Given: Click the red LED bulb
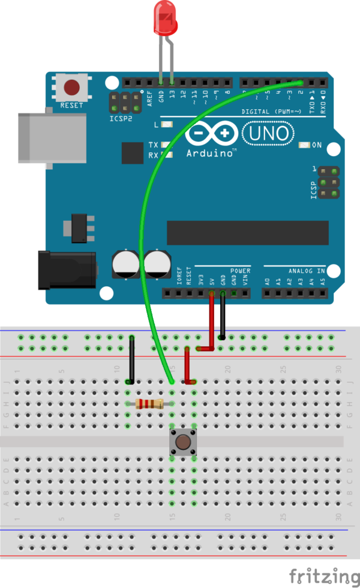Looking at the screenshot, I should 166,17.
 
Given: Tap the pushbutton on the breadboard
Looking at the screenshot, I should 183,443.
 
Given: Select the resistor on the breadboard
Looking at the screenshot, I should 149,404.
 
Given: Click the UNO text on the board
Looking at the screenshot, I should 268,133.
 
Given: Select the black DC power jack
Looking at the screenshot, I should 66,271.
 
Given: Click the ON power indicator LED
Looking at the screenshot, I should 305,145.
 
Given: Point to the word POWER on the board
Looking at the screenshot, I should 240,271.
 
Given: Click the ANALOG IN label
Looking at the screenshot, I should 306,271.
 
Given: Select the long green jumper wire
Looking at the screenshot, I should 144,240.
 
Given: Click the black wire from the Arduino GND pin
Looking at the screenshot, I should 223,316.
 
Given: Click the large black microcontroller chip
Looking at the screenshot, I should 247,233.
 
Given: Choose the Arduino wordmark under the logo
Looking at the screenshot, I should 210,153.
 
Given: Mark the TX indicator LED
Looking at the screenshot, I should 164,145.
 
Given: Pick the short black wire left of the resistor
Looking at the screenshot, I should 132,360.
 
